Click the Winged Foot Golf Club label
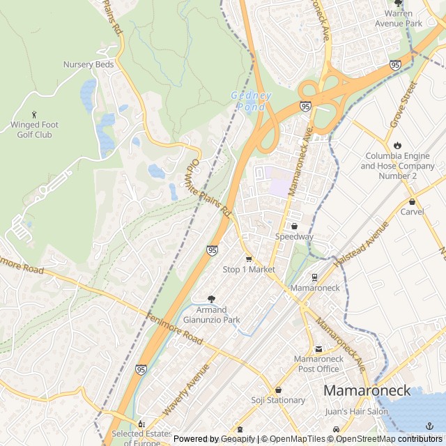pyautogui.click(x=35, y=130)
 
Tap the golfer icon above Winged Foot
pyautogui.click(x=35, y=114)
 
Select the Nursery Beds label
pyautogui.click(x=88, y=65)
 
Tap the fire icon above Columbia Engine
pyautogui.click(x=397, y=145)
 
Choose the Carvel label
pyautogui.click(x=412, y=211)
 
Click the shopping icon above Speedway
pyautogui.click(x=294, y=226)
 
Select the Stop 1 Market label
pyautogui.click(x=249, y=270)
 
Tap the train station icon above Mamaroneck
pyautogui.click(x=315, y=277)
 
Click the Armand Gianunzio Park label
pyautogui.click(x=211, y=315)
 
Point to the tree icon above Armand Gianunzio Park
pyautogui.click(x=211, y=298)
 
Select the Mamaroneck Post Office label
pyautogui.click(x=318, y=364)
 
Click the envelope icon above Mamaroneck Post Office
pyautogui.click(x=318, y=349)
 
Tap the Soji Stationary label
pyautogui.click(x=278, y=400)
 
